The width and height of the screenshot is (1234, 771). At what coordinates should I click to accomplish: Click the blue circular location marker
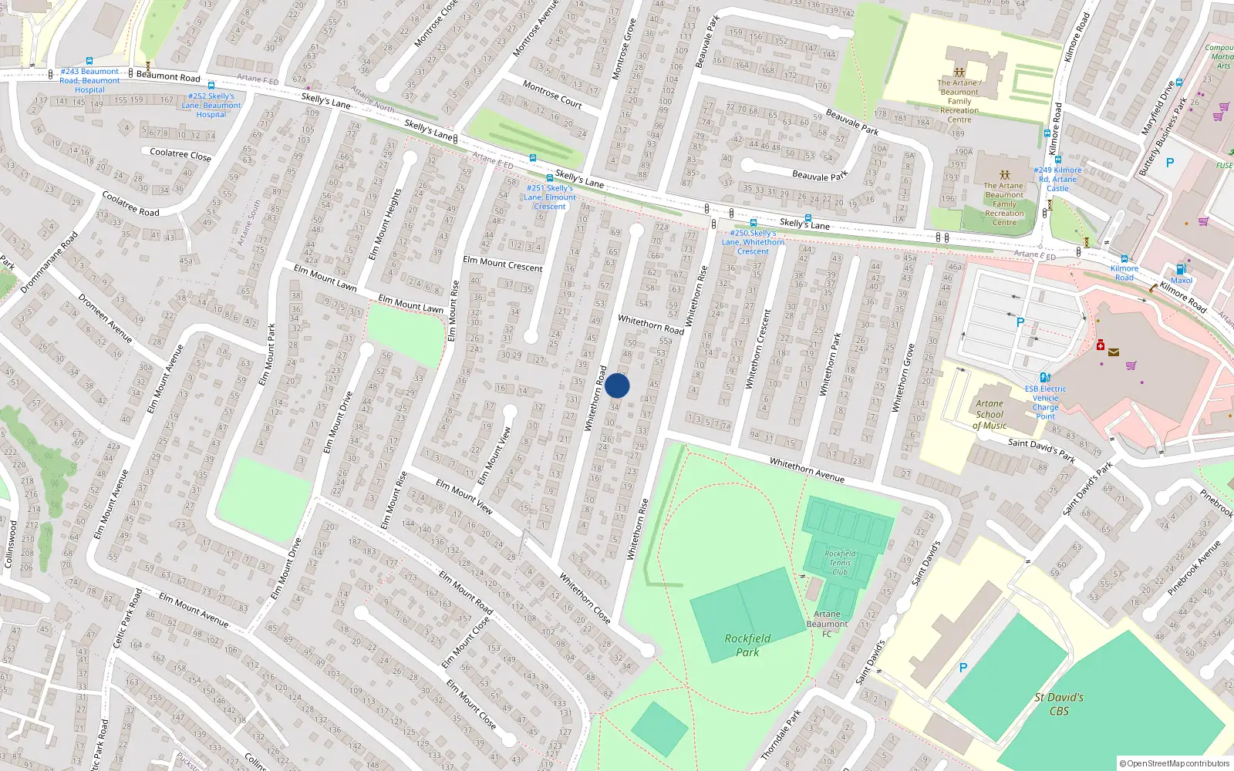pos(617,385)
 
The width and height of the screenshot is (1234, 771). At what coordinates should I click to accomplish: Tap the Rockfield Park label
pos(747,645)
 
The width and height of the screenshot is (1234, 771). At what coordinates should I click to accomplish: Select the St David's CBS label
pos(1059,704)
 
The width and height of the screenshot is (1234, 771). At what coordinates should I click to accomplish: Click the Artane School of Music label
pos(990,414)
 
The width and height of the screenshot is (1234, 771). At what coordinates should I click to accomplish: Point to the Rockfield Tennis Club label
pos(840,563)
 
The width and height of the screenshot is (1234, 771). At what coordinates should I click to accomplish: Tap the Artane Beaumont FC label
pos(827,624)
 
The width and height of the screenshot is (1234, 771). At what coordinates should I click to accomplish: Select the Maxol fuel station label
pos(1182,280)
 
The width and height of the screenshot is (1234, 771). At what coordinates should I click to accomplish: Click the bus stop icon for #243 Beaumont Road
pos(89,61)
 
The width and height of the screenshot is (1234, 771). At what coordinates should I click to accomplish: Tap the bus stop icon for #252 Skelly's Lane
pos(211,86)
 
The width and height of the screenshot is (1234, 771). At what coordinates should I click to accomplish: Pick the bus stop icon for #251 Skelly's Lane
pos(550,178)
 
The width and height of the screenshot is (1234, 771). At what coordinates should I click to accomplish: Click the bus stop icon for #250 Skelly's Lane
pos(754,223)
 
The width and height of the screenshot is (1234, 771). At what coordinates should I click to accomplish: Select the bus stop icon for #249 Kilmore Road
pos(1058,160)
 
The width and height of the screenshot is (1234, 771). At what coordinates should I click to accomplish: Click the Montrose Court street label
pos(552,94)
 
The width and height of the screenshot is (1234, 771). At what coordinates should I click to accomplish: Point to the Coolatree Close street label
pos(180,154)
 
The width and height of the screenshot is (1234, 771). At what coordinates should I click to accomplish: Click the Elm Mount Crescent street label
pos(502,264)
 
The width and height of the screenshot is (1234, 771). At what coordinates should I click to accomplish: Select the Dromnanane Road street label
pos(49,262)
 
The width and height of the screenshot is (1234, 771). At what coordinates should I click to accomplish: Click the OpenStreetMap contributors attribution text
pos(1174,764)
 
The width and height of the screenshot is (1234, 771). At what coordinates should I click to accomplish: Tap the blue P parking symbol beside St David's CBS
pos(963,668)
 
